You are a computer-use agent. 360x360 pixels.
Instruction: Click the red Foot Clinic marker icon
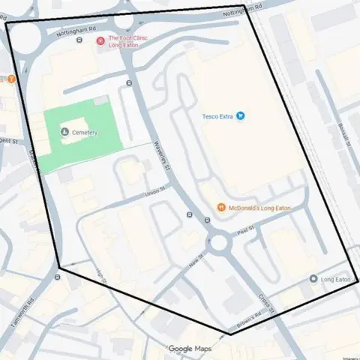point(101,39)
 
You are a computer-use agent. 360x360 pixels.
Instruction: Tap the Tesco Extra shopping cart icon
point(240,116)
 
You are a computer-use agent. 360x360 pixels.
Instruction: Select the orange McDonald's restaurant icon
point(221,207)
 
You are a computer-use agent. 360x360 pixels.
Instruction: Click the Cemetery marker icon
point(64,133)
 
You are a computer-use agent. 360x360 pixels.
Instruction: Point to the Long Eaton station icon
point(313,279)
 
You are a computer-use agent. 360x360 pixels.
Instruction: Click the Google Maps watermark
point(189,349)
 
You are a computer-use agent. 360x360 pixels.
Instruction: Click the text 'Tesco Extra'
point(218,116)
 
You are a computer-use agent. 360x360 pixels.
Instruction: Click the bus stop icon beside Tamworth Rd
point(57,276)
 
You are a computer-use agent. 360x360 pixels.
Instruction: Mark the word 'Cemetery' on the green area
point(84,133)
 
